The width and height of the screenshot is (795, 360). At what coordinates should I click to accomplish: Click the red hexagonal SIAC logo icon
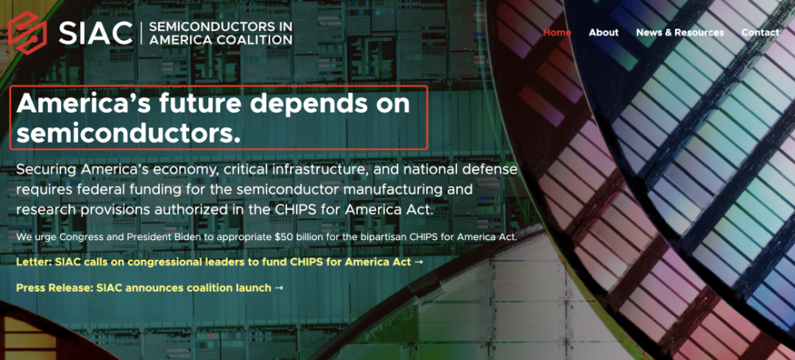(x=27, y=33)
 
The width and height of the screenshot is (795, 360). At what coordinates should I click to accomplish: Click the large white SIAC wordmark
(x=95, y=33)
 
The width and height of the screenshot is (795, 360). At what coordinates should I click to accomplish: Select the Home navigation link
(x=556, y=33)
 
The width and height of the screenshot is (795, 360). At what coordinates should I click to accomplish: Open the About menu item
(x=603, y=33)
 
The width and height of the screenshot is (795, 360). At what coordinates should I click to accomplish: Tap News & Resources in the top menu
(x=680, y=33)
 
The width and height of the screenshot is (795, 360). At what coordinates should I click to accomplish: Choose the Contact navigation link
(x=760, y=33)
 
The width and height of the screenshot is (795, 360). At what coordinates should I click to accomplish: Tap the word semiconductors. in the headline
(x=128, y=133)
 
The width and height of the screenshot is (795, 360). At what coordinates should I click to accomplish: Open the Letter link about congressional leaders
(x=219, y=262)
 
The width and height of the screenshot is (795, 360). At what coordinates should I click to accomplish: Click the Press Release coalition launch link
(x=149, y=288)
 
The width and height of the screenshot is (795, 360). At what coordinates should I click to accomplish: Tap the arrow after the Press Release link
(x=278, y=288)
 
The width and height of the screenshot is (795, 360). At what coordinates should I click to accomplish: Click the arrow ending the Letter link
(x=418, y=262)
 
